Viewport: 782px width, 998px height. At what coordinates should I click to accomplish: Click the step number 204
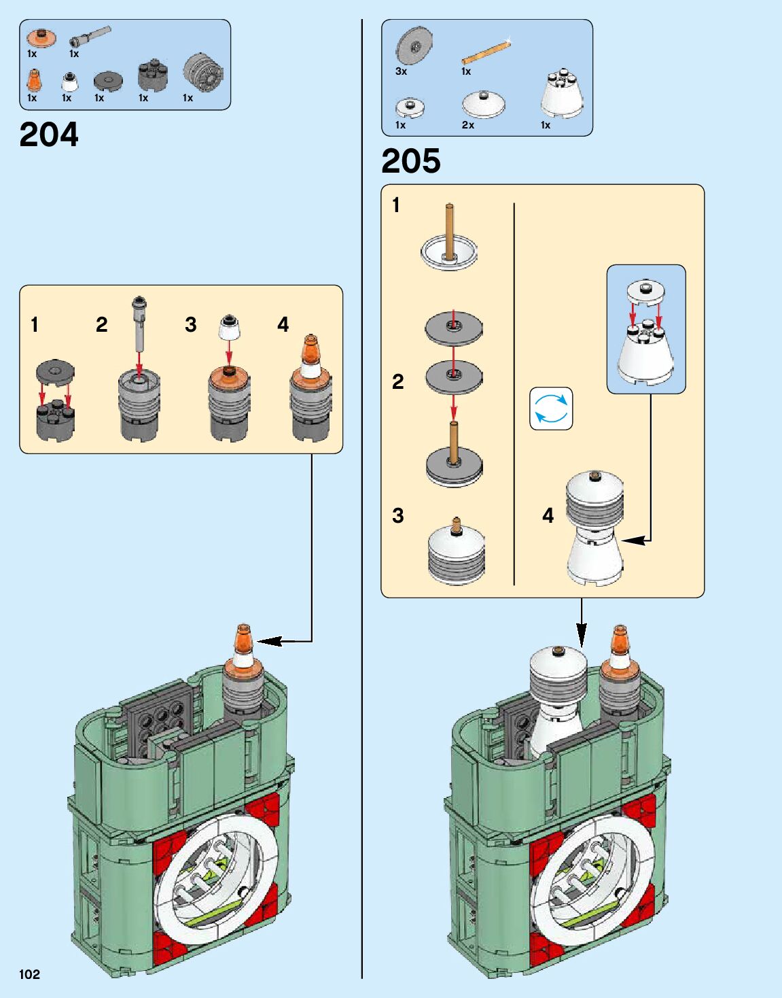49,135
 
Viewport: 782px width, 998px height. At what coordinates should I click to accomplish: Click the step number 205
410,161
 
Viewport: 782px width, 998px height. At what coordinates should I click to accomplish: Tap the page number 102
29,974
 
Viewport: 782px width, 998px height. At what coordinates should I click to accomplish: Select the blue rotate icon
551,409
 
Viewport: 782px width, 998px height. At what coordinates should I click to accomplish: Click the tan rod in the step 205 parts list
485,52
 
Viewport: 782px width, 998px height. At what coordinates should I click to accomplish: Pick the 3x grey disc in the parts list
414,47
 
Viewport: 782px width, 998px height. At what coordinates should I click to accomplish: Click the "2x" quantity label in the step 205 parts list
468,125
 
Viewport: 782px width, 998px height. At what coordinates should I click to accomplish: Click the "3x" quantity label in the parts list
401,71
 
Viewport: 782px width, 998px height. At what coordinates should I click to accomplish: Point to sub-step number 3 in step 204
191,325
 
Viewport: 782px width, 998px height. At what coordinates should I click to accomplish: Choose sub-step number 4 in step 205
548,516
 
